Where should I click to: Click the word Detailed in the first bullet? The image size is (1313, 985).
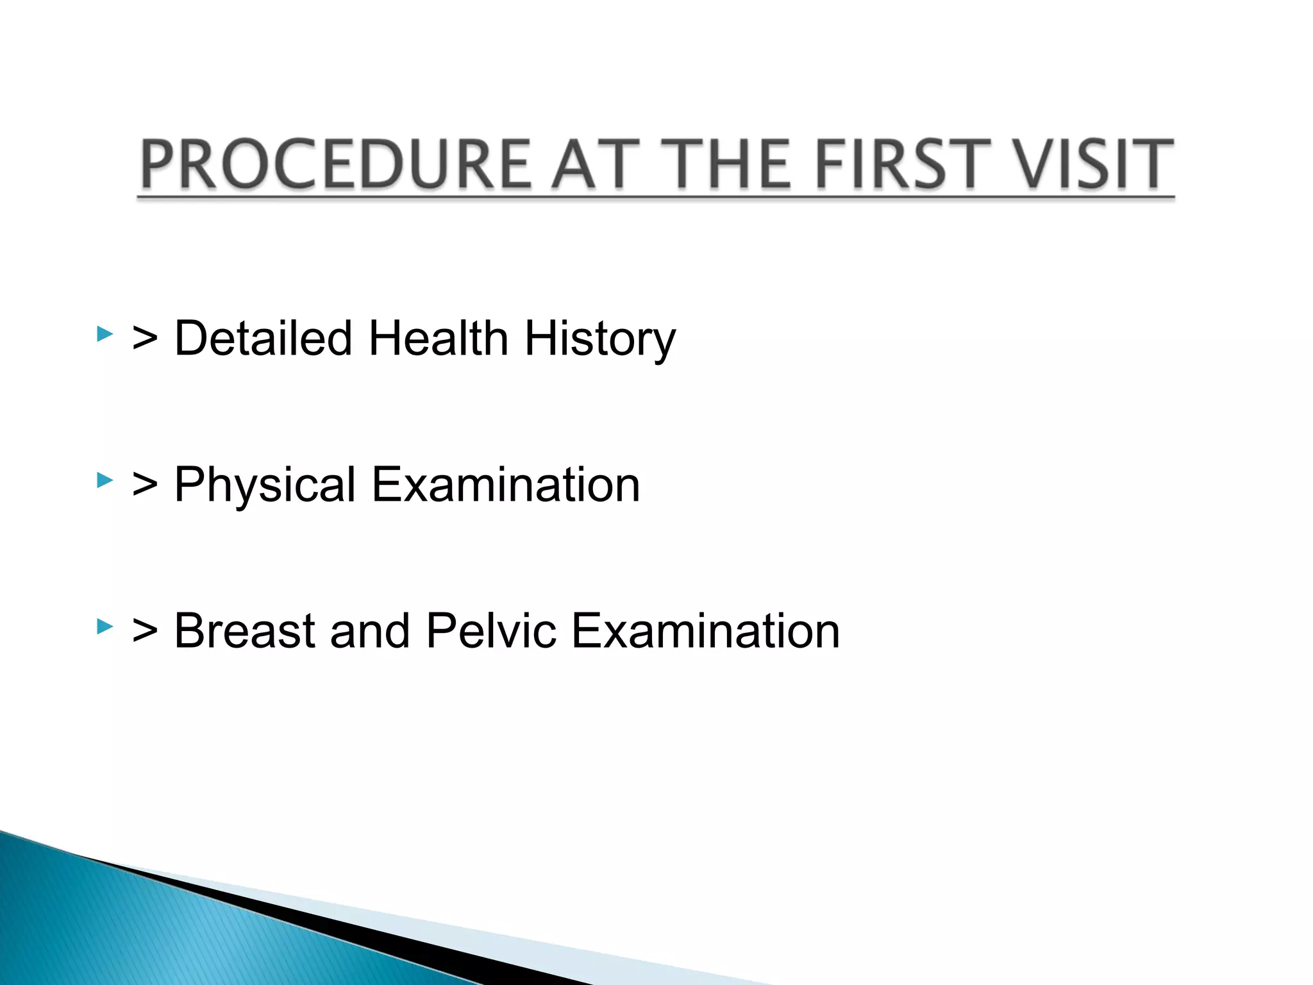(263, 338)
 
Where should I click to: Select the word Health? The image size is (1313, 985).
(438, 338)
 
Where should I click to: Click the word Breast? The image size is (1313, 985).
(244, 630)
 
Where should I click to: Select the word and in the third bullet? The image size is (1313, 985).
(369, 630)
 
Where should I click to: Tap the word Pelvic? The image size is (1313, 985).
(490, 630)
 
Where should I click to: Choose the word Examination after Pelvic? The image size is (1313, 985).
(705, 630)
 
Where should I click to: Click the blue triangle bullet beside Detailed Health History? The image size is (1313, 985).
(105, 333)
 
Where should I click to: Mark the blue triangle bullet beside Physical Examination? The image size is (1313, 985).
(105, 480)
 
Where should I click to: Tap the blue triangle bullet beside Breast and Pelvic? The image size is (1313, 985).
(105, 626)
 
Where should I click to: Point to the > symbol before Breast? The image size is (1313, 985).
(145, 632)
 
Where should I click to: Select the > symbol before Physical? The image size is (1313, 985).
(145, 486)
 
